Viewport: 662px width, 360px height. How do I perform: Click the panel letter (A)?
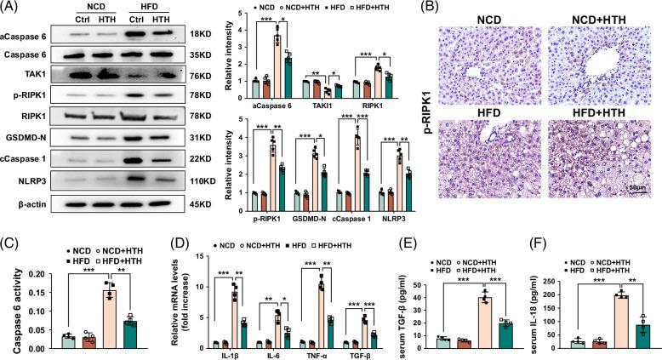pyautogui.click(x=12, y=8)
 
